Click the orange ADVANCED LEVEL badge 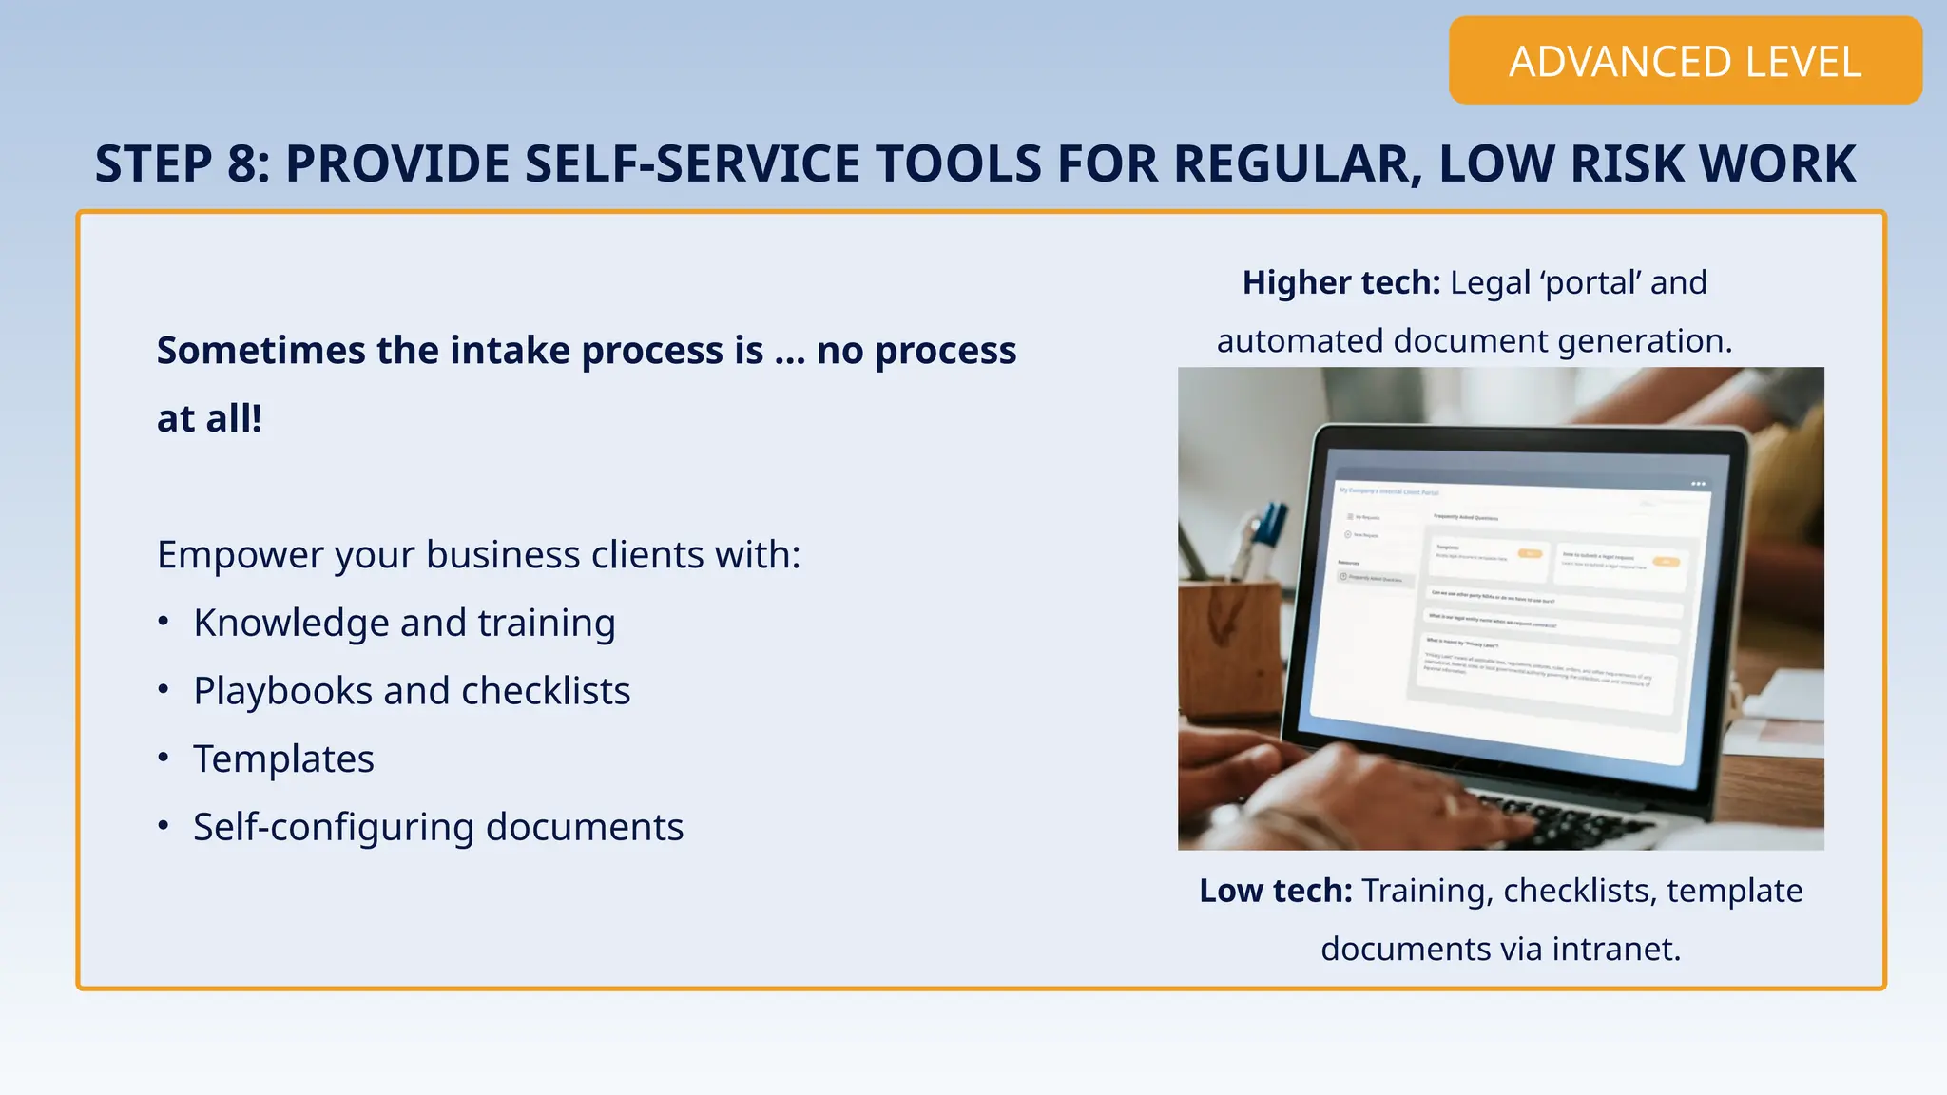[1685, 61]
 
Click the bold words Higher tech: [1340, 282]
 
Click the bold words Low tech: [1275, 891]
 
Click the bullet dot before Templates [164, 758]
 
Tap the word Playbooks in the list [282, 691]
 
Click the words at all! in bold [209, 419]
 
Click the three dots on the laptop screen [1698, 484]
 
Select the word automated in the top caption [1300, 340]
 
